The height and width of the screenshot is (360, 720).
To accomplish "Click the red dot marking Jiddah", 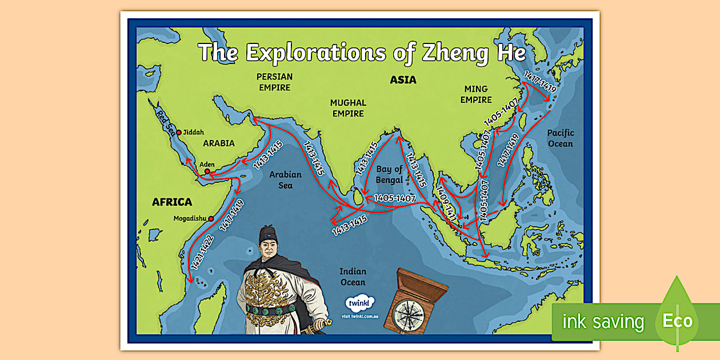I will pyautogui.click(x=179, y=132).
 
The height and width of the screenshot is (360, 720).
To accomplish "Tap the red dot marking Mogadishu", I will pyautogui.click(x=211, y=218).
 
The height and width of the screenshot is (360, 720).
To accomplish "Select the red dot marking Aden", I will pyautogui.click(x=207, y=171).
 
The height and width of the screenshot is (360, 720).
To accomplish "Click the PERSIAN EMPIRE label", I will pyautogui.click(x=274, y=82).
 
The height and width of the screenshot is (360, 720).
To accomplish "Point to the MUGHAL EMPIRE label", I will pyautogui.click(x=348, y=108).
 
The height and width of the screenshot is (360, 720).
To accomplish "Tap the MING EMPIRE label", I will pyautogui.click(x=475, y=94).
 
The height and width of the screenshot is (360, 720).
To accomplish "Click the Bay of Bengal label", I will pyautogui.click(x=389, y=174).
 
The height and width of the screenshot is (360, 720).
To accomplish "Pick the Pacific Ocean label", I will pyautogui.click(x=560, y=138).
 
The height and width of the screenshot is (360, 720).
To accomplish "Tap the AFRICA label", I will pyautogui.click(x=172, y=202).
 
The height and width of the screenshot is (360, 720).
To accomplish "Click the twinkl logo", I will pyautogui.click(x=360, y=302).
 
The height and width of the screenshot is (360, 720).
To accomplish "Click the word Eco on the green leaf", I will pyautogui.click(x=677, y=321).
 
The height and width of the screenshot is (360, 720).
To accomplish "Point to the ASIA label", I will pyautogui.click(x=403, y=80).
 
